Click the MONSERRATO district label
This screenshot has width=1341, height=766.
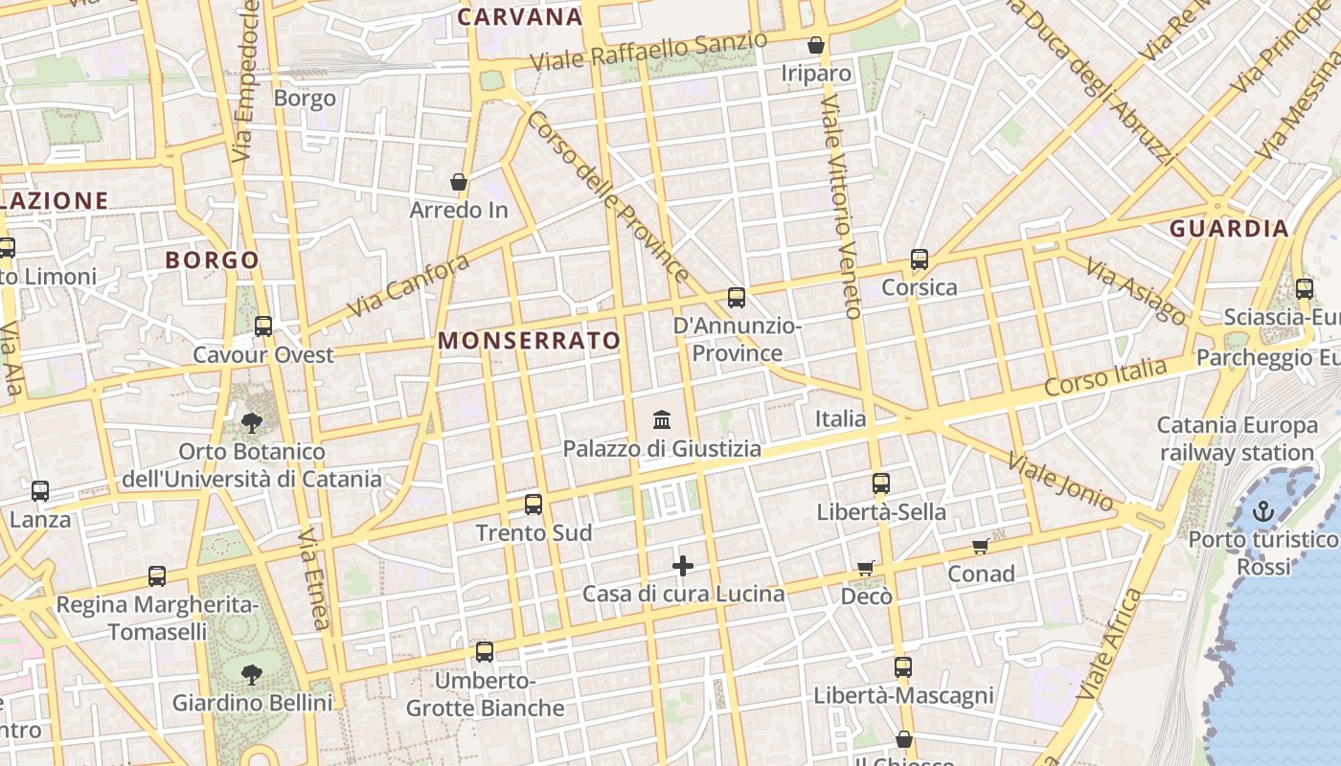click(530, 341)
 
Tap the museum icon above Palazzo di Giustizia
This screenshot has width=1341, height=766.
click(662, 419)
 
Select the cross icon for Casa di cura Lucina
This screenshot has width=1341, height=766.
click(683, 566)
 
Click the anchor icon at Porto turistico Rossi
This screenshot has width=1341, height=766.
click(1262, 511)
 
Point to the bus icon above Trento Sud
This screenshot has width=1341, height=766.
click(534, 504)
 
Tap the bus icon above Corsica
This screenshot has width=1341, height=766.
click(920, 259)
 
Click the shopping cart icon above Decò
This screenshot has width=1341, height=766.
click(866, 568)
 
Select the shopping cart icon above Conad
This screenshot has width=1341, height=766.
click(981, 546)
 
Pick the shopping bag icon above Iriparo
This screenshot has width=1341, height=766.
click(816, 45)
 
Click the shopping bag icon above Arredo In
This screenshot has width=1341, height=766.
click(459, 181)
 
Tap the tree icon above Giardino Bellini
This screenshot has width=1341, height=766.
click(252, 675)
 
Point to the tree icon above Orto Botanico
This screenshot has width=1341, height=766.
click(252, 421)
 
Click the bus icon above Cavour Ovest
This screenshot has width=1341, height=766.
click(263, 327)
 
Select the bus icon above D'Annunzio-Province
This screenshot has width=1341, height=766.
click(737, 298)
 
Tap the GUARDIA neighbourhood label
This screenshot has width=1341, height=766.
click(1229, 229)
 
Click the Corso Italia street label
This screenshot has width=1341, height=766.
click(1106, 378)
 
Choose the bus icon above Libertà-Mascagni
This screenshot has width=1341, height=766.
click(903, 667)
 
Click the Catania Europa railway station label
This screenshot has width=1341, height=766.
click(1237, 439)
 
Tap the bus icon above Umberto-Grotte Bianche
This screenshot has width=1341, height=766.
click(485, 652)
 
